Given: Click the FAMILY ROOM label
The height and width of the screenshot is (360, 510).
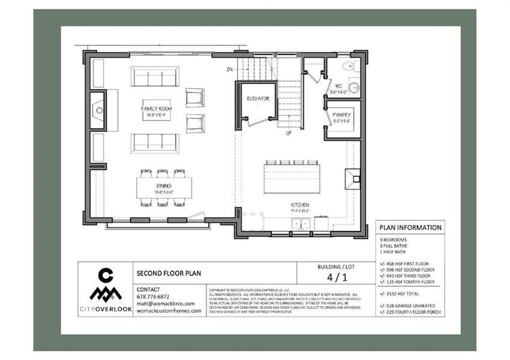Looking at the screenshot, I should coord(156,108).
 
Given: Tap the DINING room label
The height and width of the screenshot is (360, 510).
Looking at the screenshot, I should coord(164,186).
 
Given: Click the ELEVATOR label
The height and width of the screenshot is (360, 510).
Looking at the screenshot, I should coord(258,98).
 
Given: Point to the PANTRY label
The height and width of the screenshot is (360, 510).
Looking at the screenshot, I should coord(342,114).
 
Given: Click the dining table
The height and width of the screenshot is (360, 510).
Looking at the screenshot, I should coord(164,187).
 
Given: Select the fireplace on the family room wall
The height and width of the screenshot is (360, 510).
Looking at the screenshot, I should coord(98,110).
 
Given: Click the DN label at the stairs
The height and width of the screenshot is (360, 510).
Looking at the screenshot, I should coord(229,70).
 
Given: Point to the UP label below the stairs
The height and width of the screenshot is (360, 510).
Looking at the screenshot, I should coord(289,133).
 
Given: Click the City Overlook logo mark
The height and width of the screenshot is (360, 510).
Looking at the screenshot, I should coord(106,287).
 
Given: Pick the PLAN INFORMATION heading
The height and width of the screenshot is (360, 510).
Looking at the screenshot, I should coord(410,227).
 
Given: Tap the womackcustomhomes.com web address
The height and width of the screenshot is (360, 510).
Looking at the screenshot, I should coord(169,311).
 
